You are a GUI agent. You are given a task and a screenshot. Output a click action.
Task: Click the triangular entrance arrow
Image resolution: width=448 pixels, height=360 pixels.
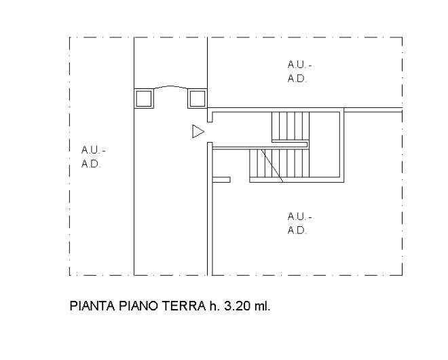point(198,132)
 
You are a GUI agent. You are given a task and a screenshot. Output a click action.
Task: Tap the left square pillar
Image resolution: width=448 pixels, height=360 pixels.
point(144,98)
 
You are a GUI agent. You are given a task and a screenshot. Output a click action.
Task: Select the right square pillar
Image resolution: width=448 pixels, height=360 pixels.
point(198,98)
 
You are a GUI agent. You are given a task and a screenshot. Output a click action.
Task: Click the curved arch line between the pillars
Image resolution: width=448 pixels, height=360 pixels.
point(170,87)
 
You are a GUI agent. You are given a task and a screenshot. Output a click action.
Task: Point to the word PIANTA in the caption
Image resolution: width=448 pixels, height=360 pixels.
point(92,306)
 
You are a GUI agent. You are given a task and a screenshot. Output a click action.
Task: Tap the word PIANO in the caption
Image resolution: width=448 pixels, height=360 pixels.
point(138,306)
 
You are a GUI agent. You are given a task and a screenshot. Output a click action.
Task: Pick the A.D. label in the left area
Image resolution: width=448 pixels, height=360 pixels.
point(91,164)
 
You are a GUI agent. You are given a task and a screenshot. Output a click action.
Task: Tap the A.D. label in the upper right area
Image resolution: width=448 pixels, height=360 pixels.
point(297,78)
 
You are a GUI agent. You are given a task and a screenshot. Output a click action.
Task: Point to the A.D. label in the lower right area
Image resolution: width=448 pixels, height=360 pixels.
point(297,230)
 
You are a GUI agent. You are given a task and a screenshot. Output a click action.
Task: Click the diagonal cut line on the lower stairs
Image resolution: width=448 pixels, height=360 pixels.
point(272,165)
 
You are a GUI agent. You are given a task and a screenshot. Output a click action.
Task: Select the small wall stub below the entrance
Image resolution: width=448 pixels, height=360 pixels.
point(221,179)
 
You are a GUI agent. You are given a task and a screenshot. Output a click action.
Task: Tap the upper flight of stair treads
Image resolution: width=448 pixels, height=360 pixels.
point(291,126)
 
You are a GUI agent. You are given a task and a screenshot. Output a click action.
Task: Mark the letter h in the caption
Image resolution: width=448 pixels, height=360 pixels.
point(212,306)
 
